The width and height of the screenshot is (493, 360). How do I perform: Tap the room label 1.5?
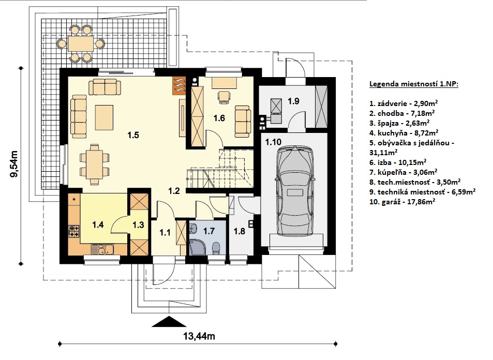click(x=133, y=135)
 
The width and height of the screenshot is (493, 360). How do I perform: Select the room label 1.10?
click(x=273, y=142)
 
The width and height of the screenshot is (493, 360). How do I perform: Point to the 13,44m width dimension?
click(x=199, y=336)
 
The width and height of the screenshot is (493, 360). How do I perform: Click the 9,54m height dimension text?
click(x=14, y=164)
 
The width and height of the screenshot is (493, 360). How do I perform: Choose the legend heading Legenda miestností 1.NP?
click(x=414, y=84)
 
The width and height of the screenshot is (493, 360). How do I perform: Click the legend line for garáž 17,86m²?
click(x=402, y=202)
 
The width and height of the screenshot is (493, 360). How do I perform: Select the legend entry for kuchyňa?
click(x=404, y=133)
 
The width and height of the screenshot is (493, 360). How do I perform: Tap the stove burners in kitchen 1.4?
click(x=73, y=231)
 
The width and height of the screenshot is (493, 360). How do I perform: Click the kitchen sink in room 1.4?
click(x=103, y=250)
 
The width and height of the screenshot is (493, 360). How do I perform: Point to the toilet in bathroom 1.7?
click(x=216, y=247)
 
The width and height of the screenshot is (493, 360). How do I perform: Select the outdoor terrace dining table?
click(x=81, y=43)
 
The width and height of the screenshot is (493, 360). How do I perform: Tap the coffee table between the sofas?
click(x=104, y=117)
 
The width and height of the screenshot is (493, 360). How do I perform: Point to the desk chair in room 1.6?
click(x=223, y=97)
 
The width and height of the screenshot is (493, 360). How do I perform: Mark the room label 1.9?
click(x=293, y=101)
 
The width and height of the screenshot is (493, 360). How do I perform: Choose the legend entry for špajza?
click(x=399, y=123)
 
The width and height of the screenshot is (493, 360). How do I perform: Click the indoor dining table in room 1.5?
click(x=94, y=164)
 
